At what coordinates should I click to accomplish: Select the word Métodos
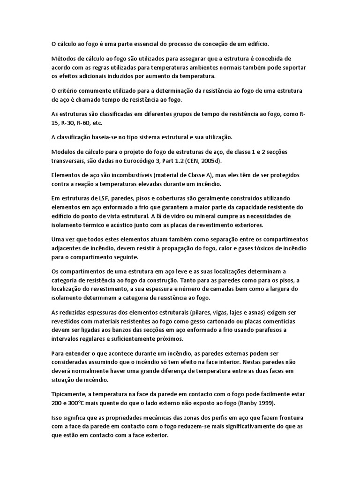click(64, 59)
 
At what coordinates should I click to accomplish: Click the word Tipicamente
click(68, 394)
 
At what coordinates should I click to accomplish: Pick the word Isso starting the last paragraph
click(57, 418)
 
